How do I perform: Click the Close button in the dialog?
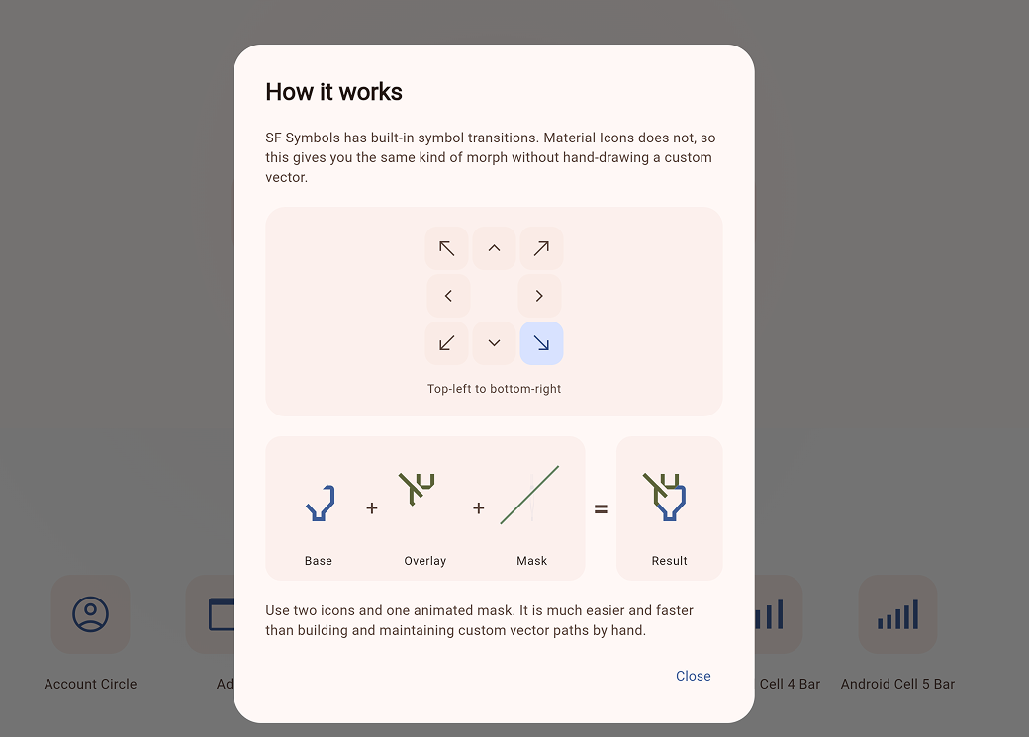[693, 676]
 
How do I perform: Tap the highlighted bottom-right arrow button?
[541, 343]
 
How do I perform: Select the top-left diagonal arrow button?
[447, 248]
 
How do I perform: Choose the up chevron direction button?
[494, 248]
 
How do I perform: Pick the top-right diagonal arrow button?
[541, 248]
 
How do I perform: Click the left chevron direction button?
[448, 296]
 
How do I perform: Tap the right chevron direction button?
[539, 296]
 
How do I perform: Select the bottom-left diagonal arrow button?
[447, 343]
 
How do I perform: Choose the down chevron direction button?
[494, 343]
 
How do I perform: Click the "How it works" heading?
[334, 92]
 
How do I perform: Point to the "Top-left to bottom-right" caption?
[494, 389]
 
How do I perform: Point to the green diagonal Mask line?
[529, 495]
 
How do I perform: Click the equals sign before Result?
[601, 508]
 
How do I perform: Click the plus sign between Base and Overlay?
[372, 507]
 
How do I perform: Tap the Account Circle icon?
[91, 614]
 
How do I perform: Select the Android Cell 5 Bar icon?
[897, 614]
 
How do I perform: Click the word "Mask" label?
[531, 561]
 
